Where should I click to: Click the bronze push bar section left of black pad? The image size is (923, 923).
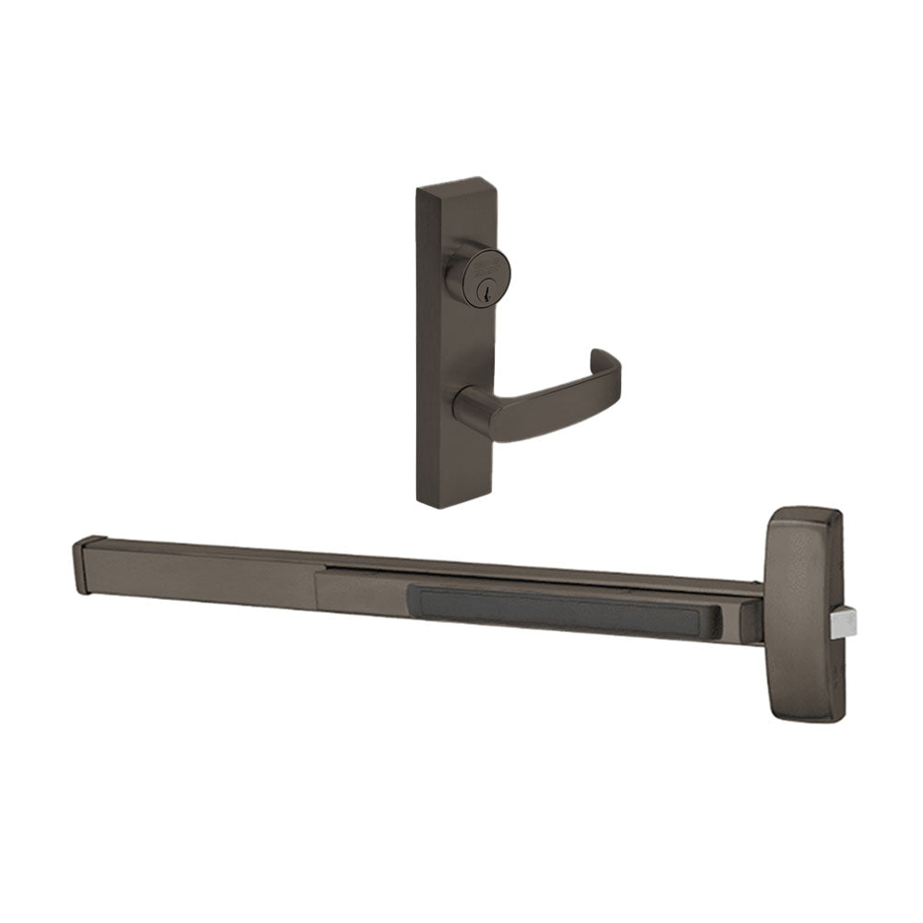click(x=360, y=591)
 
